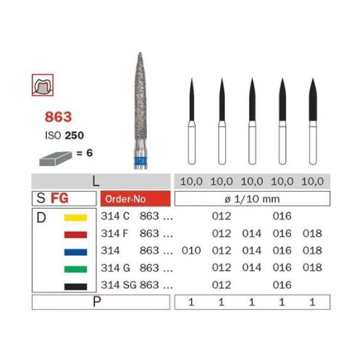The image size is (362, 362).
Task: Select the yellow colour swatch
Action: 75,217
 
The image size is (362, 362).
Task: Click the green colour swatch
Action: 75,269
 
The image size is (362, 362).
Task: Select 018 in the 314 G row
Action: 312,269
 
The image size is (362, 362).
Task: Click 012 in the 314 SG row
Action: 220,285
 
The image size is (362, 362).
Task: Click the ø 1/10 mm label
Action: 251,198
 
